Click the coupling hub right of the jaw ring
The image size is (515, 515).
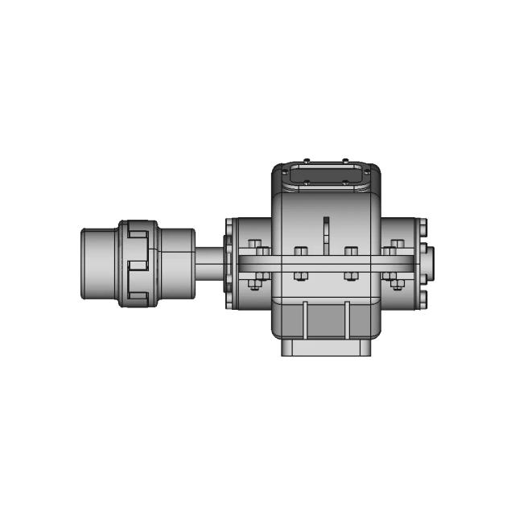[177, 263]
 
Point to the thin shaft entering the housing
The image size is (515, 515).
[209, 263]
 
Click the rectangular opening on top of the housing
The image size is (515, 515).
[325, 174]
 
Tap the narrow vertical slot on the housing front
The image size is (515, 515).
[326, 233]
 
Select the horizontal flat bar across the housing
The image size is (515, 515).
[326, 263]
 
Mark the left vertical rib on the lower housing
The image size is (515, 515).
[305, 320]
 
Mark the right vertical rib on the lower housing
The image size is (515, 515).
[348, 320]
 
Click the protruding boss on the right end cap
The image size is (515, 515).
[430, 263]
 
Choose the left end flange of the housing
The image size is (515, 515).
[229, 263]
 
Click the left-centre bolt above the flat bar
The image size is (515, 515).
[301, 251]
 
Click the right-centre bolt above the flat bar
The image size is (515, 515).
[351, 251]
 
